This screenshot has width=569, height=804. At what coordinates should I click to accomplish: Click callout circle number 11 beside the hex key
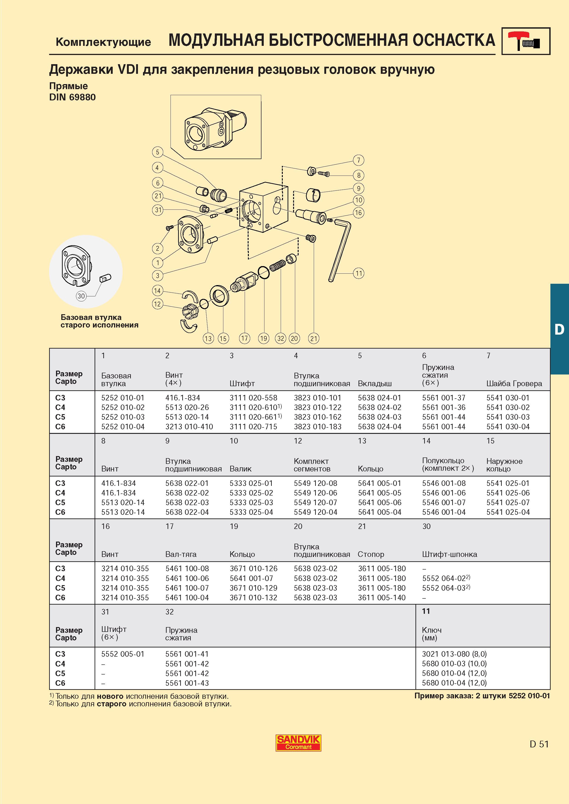358,273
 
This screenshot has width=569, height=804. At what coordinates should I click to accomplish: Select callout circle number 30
81,296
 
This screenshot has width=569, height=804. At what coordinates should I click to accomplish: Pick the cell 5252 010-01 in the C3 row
123,398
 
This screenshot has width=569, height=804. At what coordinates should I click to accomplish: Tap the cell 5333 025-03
251,502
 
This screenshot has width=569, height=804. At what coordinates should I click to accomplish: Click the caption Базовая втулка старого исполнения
100,321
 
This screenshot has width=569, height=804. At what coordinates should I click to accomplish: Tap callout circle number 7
358,160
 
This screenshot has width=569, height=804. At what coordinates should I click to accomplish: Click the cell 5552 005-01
123,654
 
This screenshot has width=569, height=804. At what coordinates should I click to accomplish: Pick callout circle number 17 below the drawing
244,338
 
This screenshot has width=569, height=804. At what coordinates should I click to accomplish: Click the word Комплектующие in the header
104,42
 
